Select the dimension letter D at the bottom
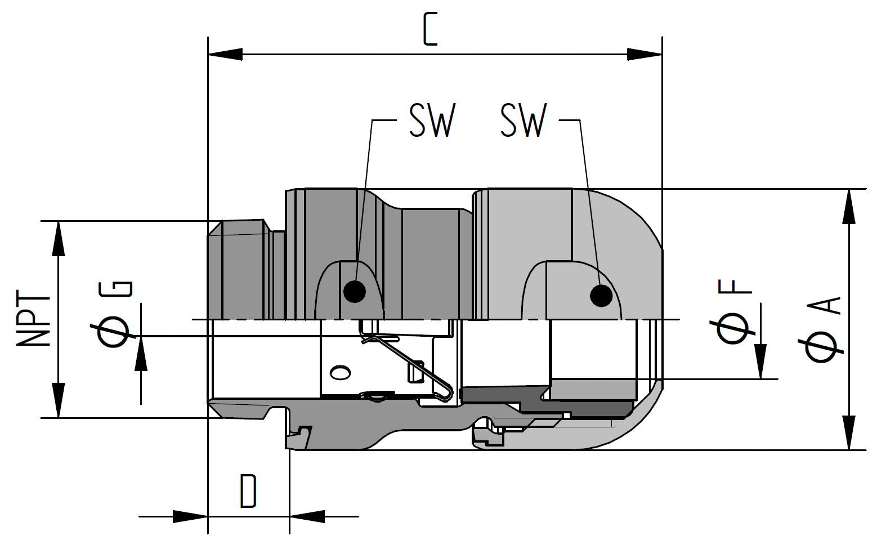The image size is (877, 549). pos(248,491)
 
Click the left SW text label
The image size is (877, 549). pos(431,120)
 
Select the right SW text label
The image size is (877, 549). pos(523,120)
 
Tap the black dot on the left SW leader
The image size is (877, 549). pos(355,291)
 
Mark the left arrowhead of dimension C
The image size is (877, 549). pos(225,55)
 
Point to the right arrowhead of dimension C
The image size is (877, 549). pos(645,55)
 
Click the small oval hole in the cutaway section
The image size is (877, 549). pos(340,372)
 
